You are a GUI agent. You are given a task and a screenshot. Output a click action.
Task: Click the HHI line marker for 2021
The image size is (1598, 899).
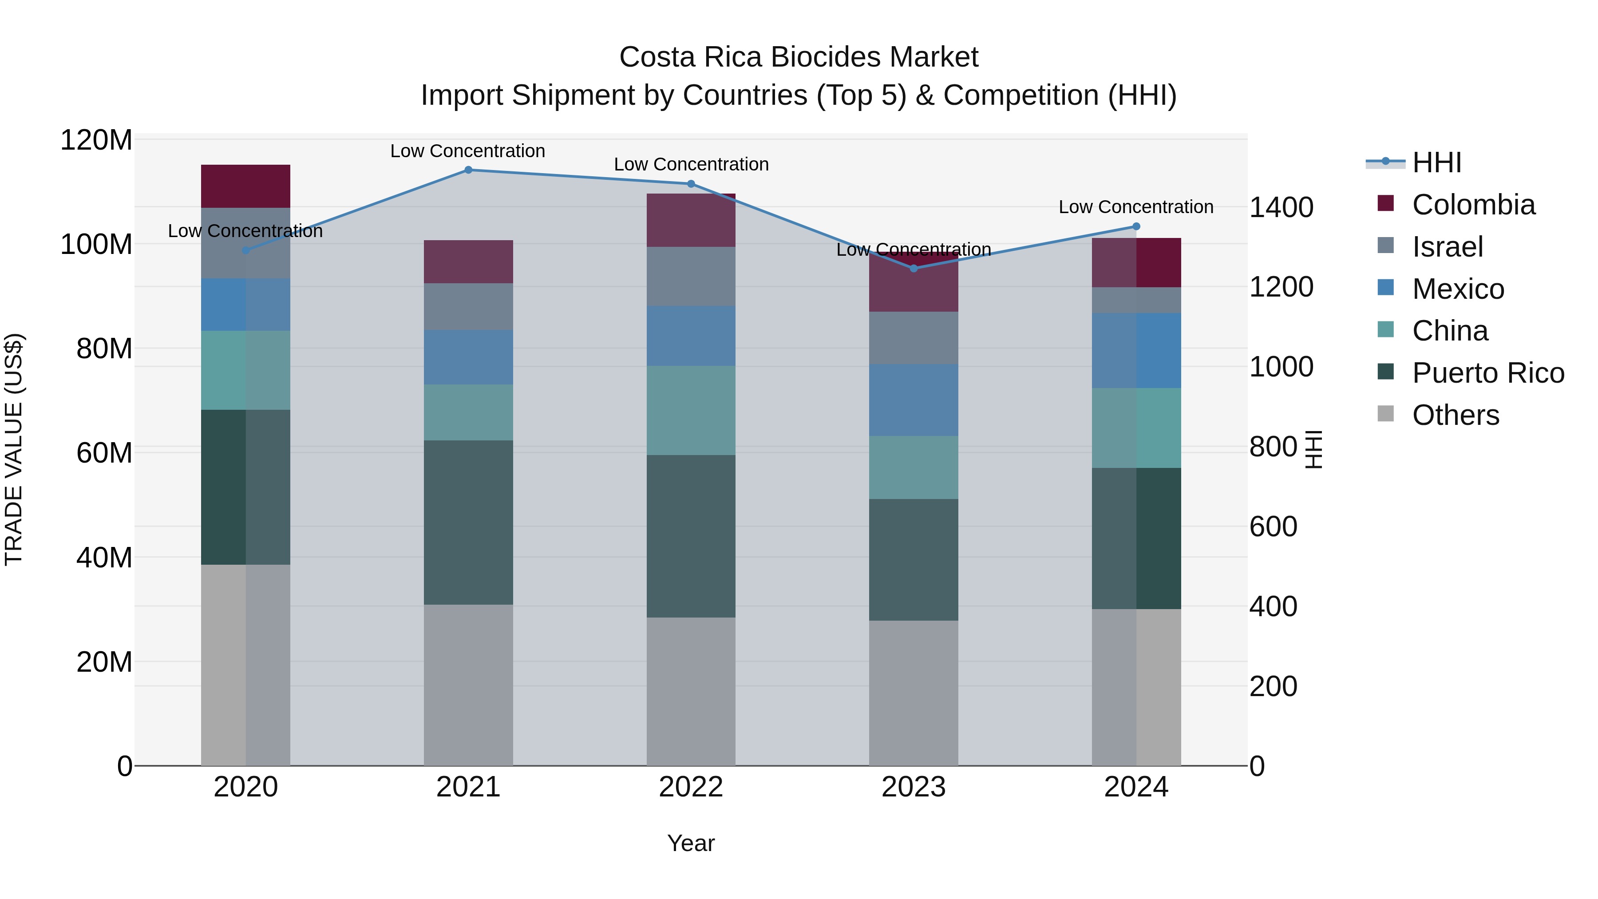[468, 170]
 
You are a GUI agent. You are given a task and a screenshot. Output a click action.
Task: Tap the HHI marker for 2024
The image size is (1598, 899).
[1136, 226]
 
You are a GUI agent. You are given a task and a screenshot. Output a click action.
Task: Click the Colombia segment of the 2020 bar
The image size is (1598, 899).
[245, 186]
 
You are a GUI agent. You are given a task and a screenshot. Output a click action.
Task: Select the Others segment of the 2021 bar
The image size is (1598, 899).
[468, 685]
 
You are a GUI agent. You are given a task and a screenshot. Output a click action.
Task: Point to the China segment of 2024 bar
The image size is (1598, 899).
[1136, 428]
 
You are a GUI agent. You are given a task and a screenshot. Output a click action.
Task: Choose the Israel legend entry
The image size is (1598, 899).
[1447, 247]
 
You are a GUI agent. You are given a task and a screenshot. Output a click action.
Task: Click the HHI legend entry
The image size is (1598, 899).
[1436, 162]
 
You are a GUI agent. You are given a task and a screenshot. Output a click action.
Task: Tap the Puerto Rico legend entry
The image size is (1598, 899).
[1487, 373]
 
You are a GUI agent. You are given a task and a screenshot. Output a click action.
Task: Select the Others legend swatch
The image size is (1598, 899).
[1385, 414]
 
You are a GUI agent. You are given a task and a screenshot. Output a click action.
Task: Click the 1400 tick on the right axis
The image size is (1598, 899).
[1281, 207]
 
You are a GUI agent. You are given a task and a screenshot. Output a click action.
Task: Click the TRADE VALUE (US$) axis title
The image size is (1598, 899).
[14, 449]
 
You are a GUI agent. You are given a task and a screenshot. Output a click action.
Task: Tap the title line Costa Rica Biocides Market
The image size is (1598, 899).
[799, 57]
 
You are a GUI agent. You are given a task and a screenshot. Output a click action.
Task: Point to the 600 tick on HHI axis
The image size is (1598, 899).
[1273, 526]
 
